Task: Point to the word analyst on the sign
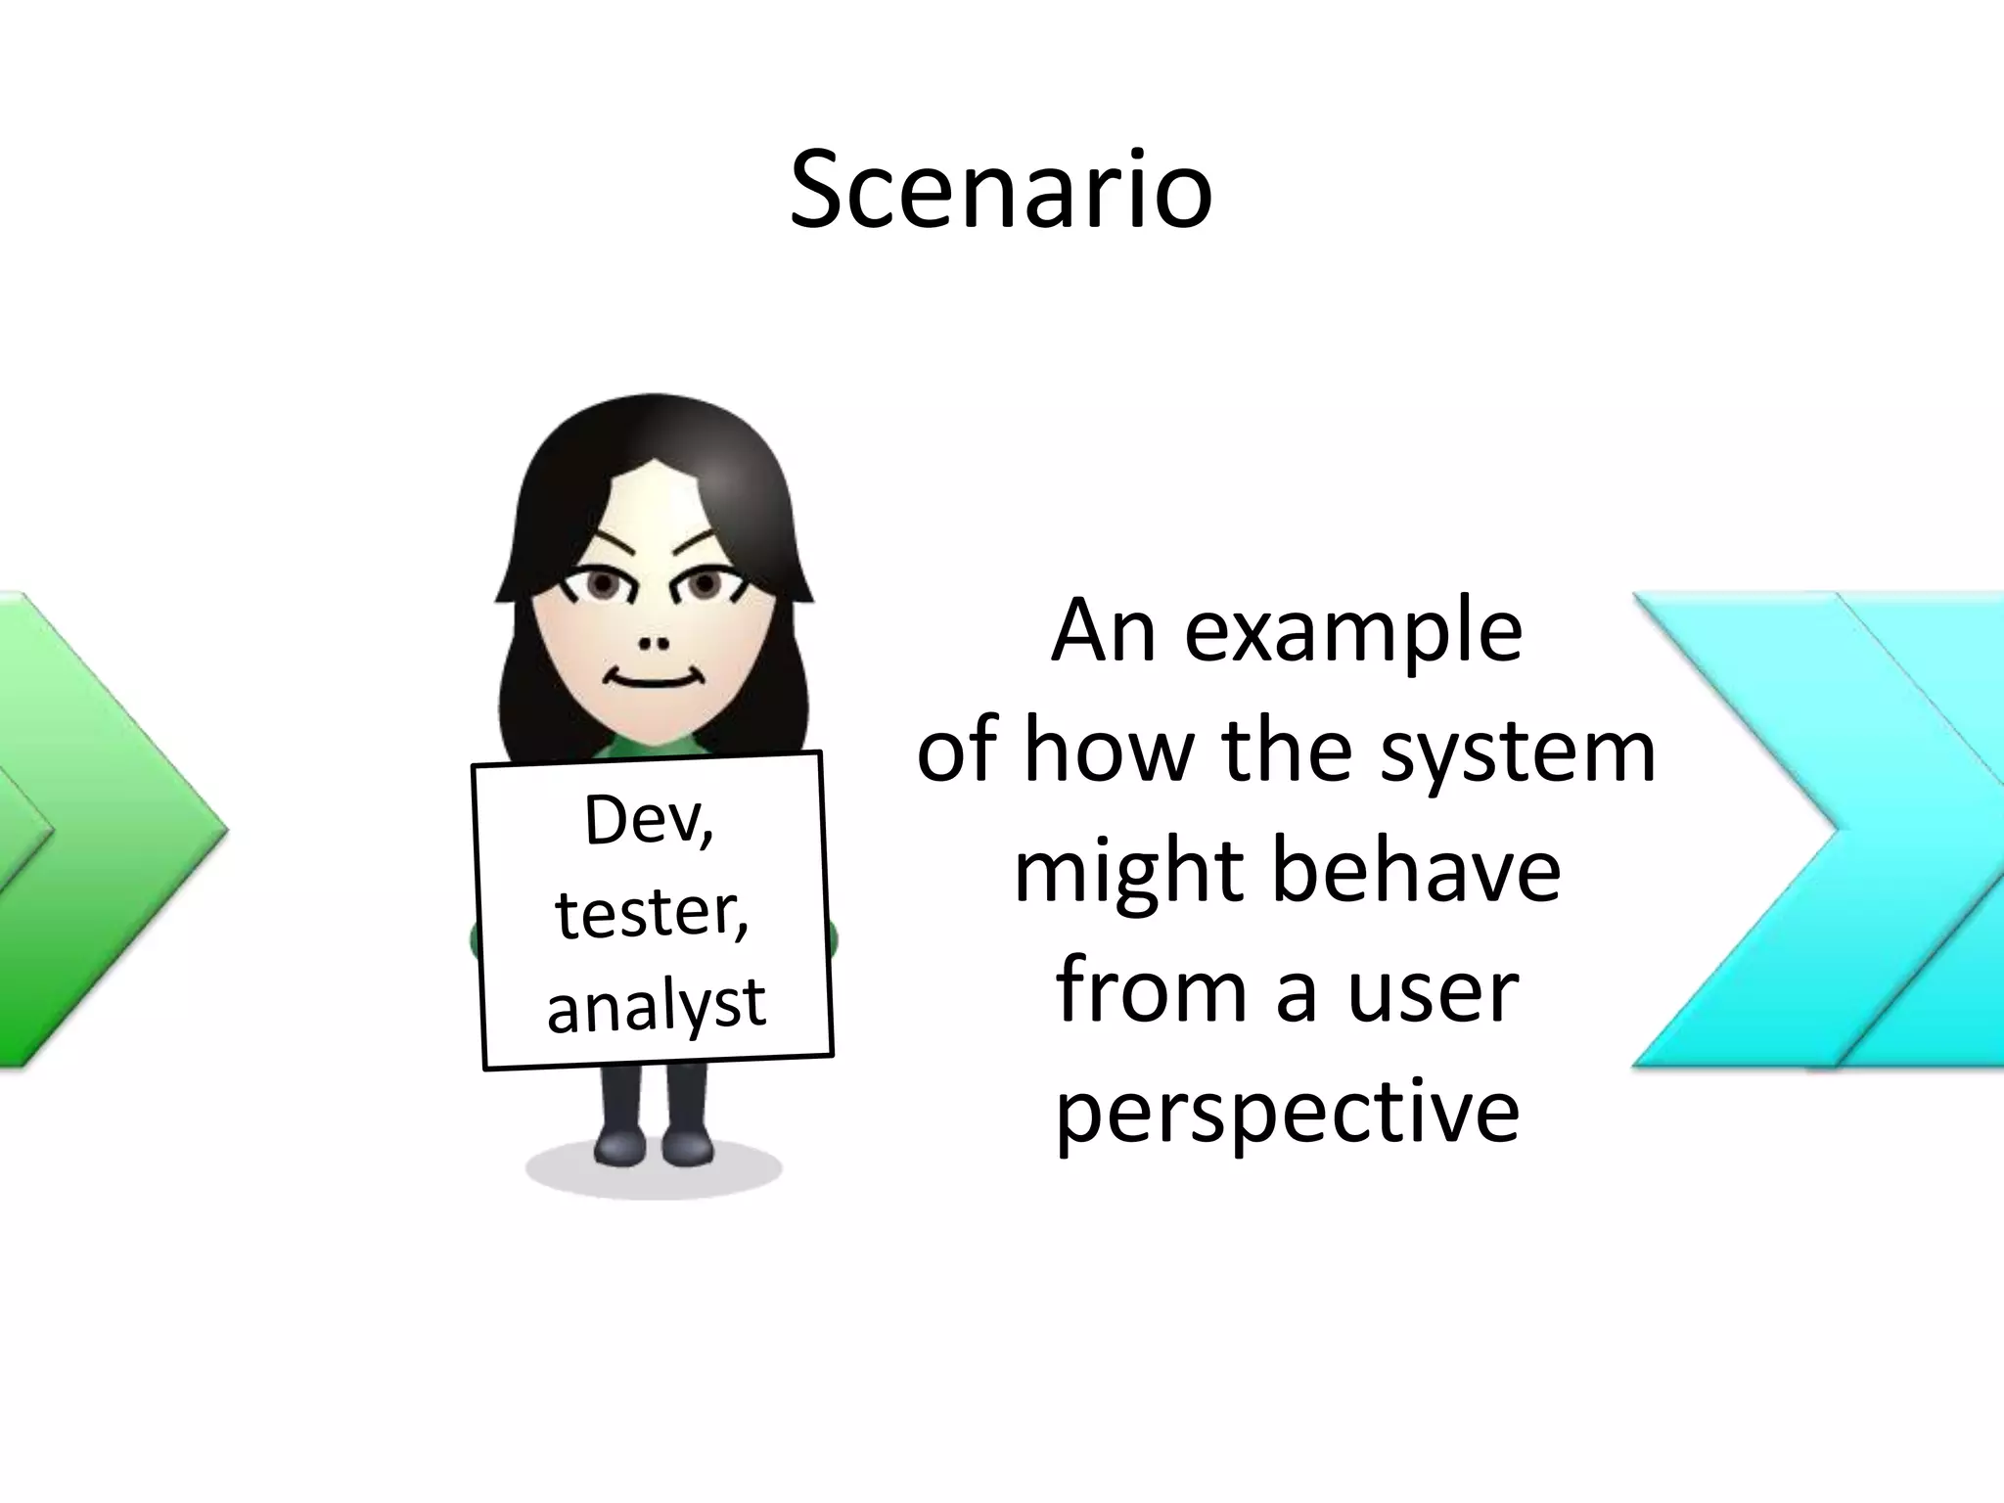click(656, 1006)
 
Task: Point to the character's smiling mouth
click(653, 677)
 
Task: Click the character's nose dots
click(654, 644)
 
